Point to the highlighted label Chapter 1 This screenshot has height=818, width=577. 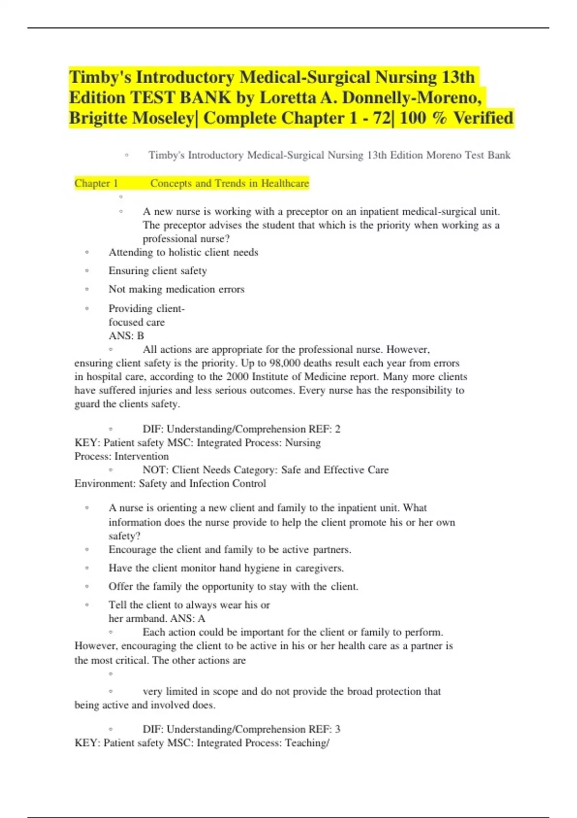click(x=96, y=183)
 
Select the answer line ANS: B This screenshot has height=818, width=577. click(x=126, y=336)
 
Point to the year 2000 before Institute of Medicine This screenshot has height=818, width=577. click(x=238, y=377)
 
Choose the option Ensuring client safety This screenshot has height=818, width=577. click(x=158, y=271)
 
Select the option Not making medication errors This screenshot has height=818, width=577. click(x=176, y=289)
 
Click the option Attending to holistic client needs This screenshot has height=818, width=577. click(x=183, y=253)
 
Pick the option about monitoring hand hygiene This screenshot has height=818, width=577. click(x=226, y=568)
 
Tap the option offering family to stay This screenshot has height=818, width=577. click(x=233, y=587)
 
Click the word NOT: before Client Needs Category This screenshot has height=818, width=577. click(x=155, y=470)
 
